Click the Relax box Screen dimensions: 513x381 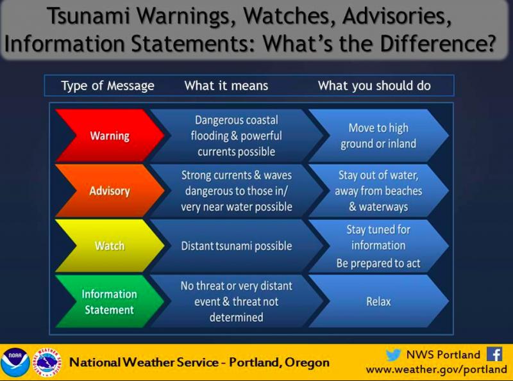(378, 301)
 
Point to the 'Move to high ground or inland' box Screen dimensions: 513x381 (378, 136)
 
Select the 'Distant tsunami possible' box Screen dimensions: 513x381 (237, 246)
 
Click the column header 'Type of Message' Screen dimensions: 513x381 (108, 86)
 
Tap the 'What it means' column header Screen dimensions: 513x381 (226, 86)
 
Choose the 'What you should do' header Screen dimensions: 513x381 (374, 86)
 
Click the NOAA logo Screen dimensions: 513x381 (15, 362)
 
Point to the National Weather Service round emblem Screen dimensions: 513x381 (47, 362)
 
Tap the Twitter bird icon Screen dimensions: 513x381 (393, 355)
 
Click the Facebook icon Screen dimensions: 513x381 (494, 354)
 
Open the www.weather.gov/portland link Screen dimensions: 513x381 (437, 369)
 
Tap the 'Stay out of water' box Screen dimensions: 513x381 (378, 191)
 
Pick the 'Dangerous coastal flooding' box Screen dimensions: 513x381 (237, 136)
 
